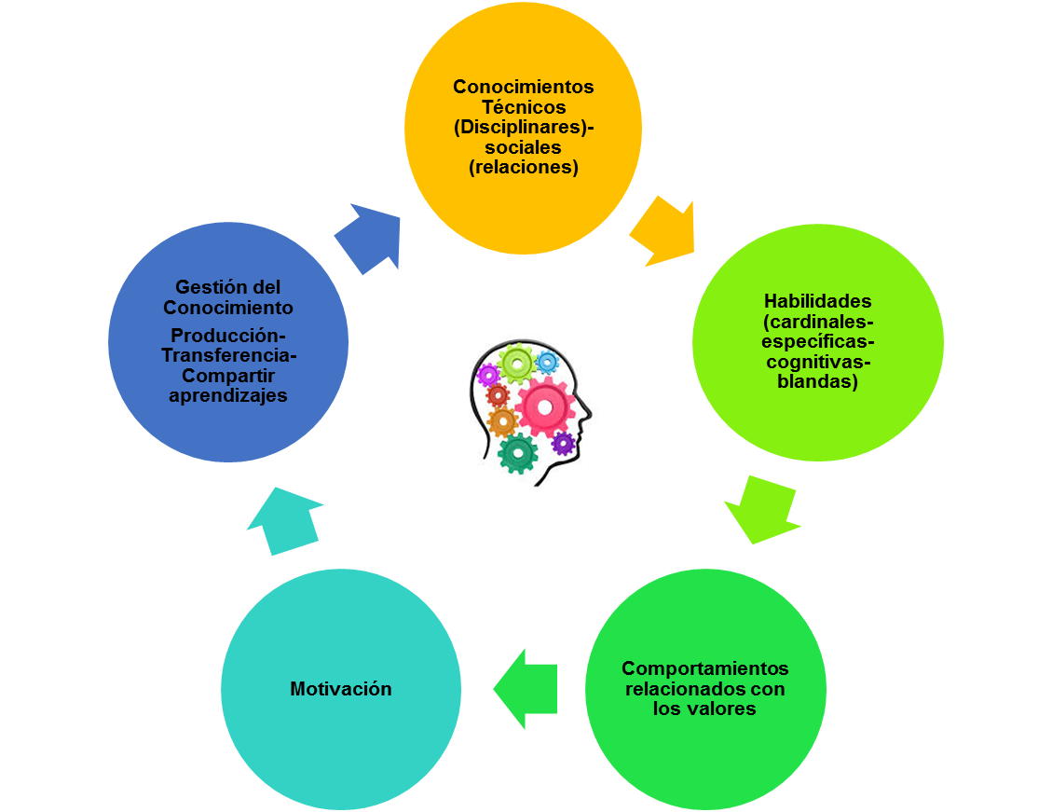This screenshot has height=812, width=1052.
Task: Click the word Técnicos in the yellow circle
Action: [x=523, y=107]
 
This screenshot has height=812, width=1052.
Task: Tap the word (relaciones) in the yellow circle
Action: [x=523, y=168]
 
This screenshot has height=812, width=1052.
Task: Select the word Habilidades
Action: [x=817, y=301]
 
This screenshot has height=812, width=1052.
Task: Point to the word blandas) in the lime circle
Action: [x=817, y=381]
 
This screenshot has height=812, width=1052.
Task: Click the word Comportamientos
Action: [x=704, y=668]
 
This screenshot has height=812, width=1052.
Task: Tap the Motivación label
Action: [x=340, y=689]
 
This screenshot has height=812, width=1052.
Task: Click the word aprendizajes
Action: [x=228, y=395]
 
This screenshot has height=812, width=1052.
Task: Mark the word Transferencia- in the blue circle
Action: [x=228, y=355]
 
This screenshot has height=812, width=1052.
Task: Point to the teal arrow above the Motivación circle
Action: [x=283, y=520]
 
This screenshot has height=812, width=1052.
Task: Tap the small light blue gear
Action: [x=547, y=362]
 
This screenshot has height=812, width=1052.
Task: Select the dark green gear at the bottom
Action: [x=517, y=453]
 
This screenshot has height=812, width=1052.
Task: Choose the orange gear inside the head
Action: [x=502, y=422]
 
